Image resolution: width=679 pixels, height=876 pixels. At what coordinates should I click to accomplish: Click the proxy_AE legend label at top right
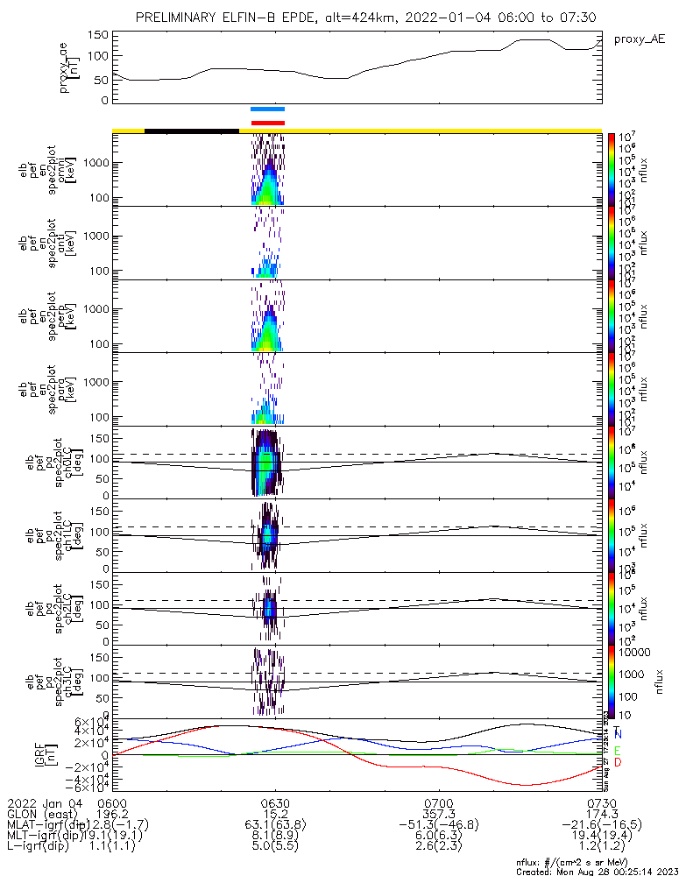(x=640, y=39)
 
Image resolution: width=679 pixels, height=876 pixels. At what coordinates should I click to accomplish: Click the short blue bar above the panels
(x=267, y=109)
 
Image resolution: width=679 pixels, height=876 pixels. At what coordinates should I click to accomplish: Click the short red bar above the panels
(x=267, y=123)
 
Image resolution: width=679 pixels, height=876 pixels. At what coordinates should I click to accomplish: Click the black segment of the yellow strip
(x=191, y=131)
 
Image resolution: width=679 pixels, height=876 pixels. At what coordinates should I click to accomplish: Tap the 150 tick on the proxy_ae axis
(x=98, y=35)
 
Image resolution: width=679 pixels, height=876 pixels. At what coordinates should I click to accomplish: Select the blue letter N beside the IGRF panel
(x=618, y=733)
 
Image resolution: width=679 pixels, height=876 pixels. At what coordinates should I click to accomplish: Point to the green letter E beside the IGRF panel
(x=618, y=751)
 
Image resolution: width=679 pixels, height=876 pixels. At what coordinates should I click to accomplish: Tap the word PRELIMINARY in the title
(x=180, y=18)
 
